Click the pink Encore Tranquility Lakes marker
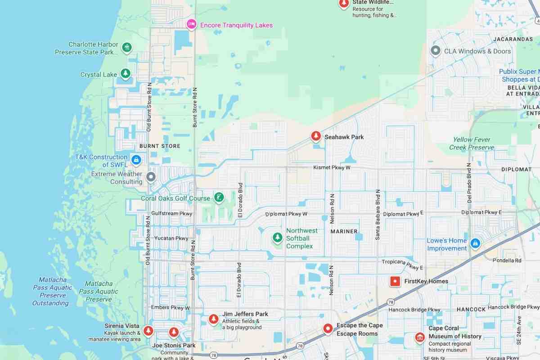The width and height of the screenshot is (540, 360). pos(191,24)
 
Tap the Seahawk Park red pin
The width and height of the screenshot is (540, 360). pos(316,136)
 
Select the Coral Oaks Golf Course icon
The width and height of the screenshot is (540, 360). pos(219,198)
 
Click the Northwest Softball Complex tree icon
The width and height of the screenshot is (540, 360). pos(278,237)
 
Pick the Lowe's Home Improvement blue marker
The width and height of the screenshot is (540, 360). pos(475,243)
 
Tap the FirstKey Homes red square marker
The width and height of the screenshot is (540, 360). pos(395,281)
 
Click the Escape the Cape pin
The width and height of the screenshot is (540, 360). pos(328,329)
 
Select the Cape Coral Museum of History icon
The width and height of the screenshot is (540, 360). pos(420,337)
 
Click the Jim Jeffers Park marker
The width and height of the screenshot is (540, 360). pos(214,319)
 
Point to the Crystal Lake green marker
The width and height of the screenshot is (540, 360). pos(126,73)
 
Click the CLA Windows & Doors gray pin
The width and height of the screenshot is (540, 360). pos(435,50)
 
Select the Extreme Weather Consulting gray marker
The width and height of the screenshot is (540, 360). pos(151,177)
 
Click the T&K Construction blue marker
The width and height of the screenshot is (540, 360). pos(136,159)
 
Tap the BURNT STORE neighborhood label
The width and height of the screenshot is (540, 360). pos(160,146)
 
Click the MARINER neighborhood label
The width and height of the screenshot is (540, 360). pos(344,231)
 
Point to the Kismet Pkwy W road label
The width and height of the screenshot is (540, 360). pos(332,167)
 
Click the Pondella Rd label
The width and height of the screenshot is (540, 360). pos(507,260)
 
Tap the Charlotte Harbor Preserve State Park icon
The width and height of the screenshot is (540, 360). pos(127,47)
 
